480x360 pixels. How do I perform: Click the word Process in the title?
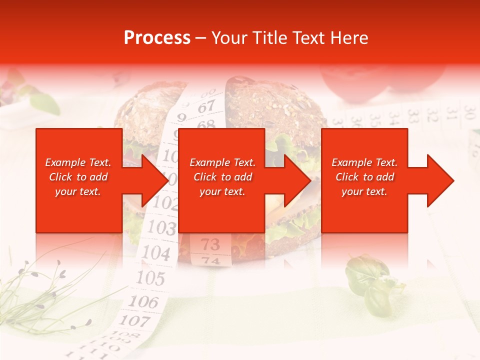point(157,38)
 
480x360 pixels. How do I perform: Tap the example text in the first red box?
point(78,177)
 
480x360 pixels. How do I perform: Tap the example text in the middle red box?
point(222,177)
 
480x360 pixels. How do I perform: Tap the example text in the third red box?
point(364,177)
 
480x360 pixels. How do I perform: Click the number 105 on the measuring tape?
point(150,277)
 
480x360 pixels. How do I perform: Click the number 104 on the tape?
point(155,253)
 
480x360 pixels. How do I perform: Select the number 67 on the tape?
point(205,108)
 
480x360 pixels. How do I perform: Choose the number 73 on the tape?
point(210,244)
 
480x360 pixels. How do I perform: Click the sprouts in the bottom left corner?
point(40,295)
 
